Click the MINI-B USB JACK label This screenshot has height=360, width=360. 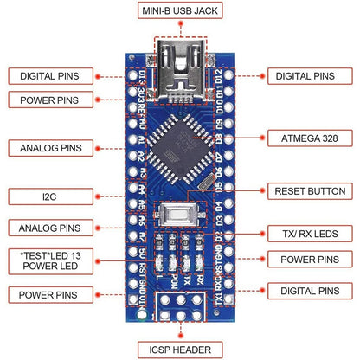(x=179, y=11)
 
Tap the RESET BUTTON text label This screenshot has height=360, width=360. (x=309, y=191)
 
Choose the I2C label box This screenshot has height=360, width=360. (x=50, y=198)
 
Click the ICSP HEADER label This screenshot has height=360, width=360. (x=179, y=350)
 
